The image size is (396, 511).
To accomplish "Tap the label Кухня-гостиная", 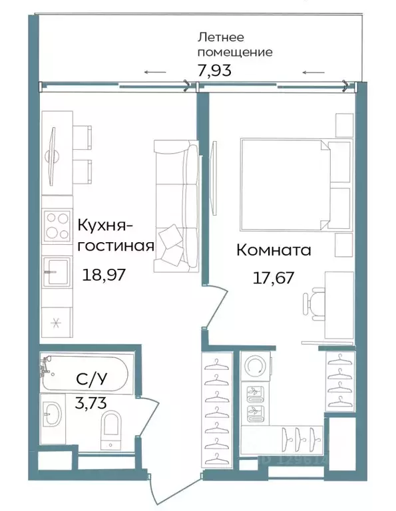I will pyautogui.click(x=116, y=234).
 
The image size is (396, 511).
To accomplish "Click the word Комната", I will pyautogui.click(x=274, y=251).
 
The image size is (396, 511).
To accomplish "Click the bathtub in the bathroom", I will pyautogui.click(x=87, y=373).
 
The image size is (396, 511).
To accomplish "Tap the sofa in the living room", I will pyautogui.click(x=175, y=206).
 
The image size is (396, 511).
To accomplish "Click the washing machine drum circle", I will pyautogui.click(x=255, y=366).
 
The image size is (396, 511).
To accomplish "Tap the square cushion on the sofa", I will pyautogui.click(x=171, y=238).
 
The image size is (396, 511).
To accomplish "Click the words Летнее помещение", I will pyautogui.click(x=236, y=45).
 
